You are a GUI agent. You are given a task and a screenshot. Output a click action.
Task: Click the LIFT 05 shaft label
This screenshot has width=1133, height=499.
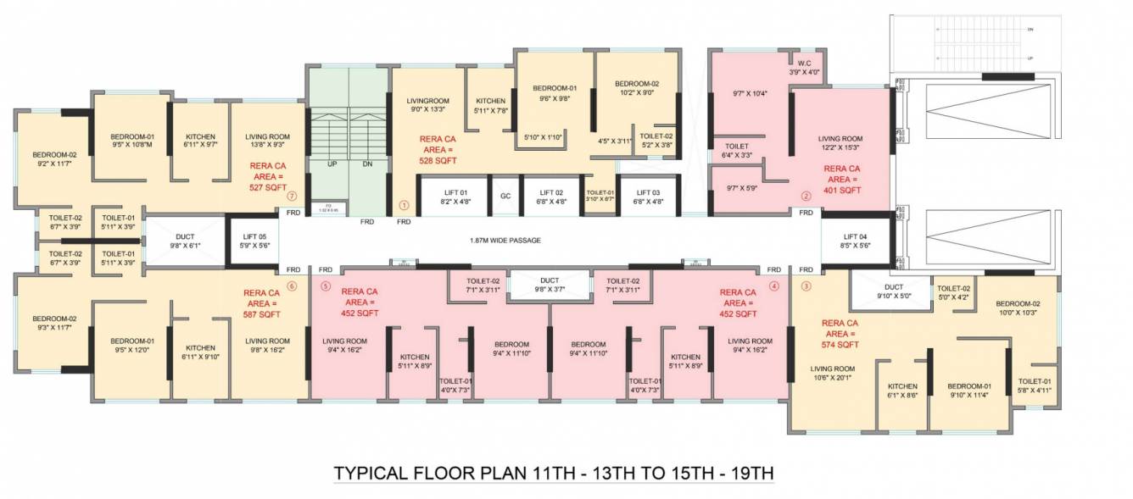pyautogui.click(x=254, y=241)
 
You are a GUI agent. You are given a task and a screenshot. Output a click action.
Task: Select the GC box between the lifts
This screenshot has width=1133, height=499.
pyautogui.click(x=505, y=196)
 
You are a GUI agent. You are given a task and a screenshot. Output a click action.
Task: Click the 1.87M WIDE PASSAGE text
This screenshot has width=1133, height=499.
pyautogui.click(x=505, y=240)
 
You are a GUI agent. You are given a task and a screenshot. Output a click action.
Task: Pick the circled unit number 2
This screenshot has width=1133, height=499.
pyautogui.click(x=806, y=197)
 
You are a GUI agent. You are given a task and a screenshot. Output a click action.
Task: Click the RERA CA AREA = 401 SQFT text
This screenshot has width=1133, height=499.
pyautogui.click(x=843, y=180)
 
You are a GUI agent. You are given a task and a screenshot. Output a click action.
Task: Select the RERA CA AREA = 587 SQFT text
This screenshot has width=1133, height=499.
pyautogui.click(x=263, y=303)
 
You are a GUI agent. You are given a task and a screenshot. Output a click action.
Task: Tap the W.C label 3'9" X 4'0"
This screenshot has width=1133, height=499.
pyautogui.click(x=805, y=68)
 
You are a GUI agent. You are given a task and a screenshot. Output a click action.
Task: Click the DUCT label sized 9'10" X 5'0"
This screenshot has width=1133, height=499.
pyautogui.click(x=893, y=291)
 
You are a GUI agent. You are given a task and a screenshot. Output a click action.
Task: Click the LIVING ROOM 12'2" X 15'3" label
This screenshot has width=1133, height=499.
pyautogui.click(x=840, y=143)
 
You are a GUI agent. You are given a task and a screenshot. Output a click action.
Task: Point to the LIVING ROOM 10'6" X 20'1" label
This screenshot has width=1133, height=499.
pyautogui.click(x=832, y=373)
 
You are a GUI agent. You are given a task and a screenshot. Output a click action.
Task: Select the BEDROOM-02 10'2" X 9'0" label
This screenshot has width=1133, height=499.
pyautogui.click(x=636, y=88)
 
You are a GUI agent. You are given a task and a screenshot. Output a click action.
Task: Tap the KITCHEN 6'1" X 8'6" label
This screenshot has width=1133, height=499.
pyautogui.click(x=902, y=391)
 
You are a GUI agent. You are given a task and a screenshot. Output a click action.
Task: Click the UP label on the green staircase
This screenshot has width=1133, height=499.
pyautogui.click(x=331, y=164)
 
